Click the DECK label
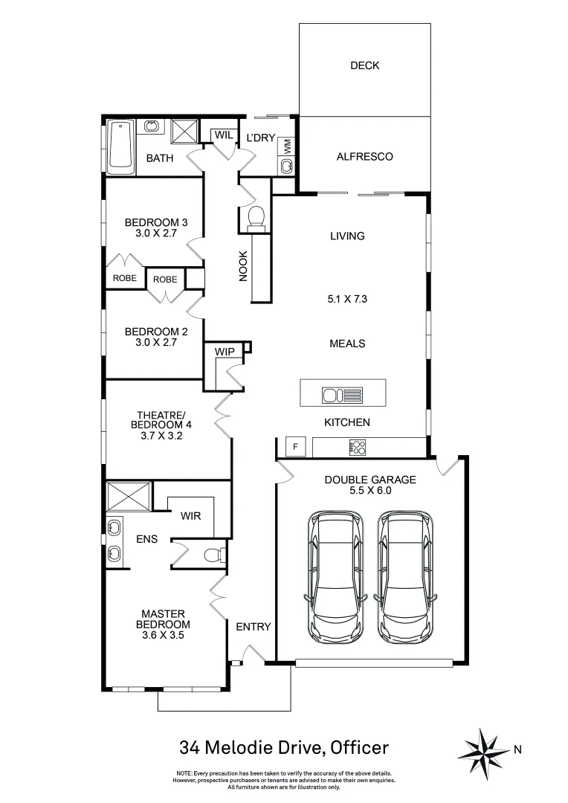coord(364,65)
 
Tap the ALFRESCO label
coord(364,157)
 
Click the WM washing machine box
coord(287,146)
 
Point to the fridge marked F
coord(295,447)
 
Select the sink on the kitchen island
coord(343,394)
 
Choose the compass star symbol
coord(486,749)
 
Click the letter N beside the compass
coord(517,750)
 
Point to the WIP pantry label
coord(225,350)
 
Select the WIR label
coord(191,515)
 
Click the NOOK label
coord(242,264)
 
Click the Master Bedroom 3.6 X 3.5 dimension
coord(162,636)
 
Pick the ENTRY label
coord(254,627)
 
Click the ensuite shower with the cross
coord(129,496)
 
